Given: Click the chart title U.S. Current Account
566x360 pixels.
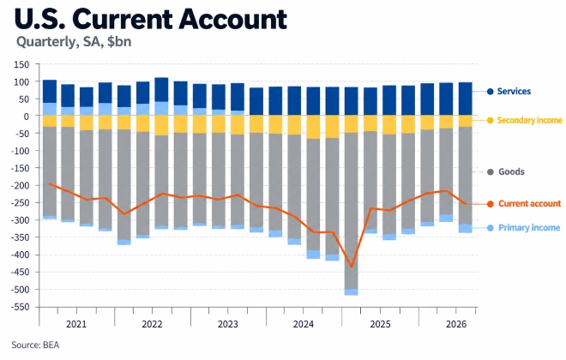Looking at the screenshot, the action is coord(151,18).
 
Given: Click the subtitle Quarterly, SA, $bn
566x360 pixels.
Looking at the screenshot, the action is coord(74,42).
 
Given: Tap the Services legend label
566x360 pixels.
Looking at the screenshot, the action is coord(514,91).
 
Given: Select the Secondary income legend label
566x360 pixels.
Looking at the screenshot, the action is coord(529,120).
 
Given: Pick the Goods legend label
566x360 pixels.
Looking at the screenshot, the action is coord(511,171).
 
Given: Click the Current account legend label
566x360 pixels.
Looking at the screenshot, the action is coord(529,204).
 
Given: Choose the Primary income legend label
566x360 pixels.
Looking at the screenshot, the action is coord(529,228).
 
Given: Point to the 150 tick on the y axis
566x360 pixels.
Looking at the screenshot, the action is coord(21,64).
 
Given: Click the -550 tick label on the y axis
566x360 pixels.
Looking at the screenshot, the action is coord(20,307).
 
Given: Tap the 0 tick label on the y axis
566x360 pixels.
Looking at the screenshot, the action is coord(27,117).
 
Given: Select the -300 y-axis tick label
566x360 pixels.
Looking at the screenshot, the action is coord(20,220).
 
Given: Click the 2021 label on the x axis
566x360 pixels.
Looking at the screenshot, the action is coord(76,324).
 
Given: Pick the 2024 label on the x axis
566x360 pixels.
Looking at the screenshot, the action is coord(304,324).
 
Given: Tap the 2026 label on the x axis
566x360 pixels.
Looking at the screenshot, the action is coord(456,324).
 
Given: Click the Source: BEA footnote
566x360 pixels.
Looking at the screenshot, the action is coord(35,345).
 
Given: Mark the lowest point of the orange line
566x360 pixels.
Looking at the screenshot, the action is coord(352,267).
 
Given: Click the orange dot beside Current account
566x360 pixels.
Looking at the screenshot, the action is coord(491,204).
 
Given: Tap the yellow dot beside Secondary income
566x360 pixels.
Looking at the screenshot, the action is coord(491,121).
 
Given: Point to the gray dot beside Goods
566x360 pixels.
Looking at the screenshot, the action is coord(491,172).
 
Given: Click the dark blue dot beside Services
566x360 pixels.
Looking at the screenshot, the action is coord(491,92).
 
